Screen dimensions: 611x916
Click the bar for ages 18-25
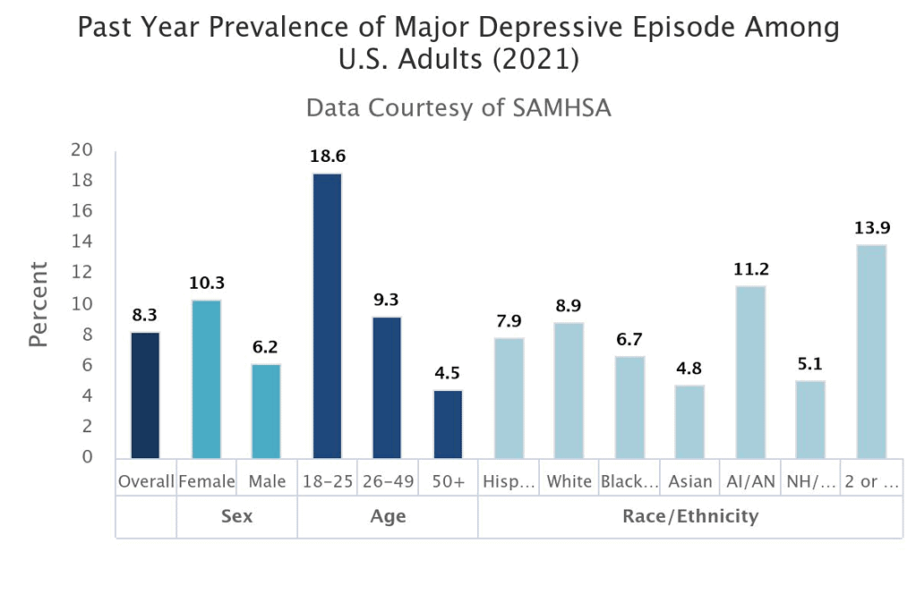click(327, 315)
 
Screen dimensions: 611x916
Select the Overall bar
click(146, 395)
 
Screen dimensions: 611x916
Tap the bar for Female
click(206, 379)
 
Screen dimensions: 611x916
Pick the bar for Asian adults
click(689, 421)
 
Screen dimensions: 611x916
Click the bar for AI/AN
click(750, 372)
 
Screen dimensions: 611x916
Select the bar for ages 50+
click(448, 424)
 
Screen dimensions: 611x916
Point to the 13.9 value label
click(871, 228)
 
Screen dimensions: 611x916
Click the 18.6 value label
click(327, 157)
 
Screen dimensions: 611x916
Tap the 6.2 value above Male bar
click(266, 347)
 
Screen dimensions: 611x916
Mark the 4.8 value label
click(689, 369)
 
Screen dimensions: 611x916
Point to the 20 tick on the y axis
click(82, 150)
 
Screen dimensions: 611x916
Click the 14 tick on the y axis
click(82, 242)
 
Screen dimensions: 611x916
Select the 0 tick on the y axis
click(88, 457)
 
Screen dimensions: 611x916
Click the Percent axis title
click(38, 304)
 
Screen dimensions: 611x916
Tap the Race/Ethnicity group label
click(690, 516)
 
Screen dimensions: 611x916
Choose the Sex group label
click(236, 516)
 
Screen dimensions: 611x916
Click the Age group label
click(387, 516)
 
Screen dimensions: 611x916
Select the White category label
click(569, 481)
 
